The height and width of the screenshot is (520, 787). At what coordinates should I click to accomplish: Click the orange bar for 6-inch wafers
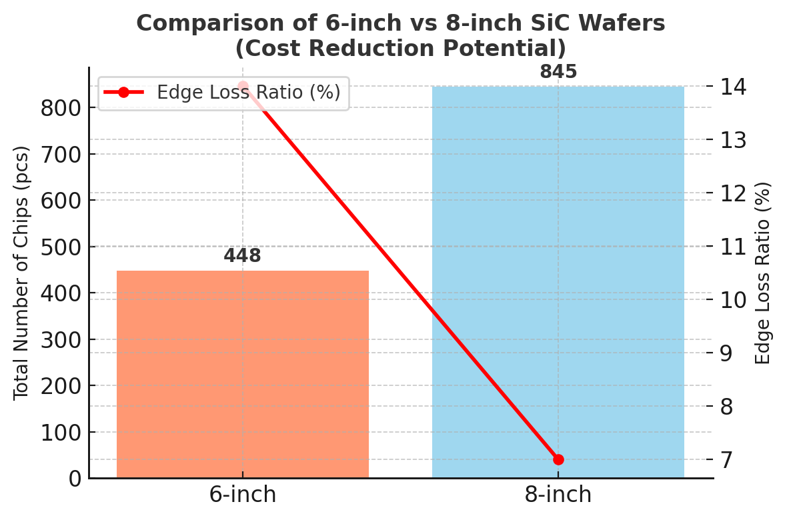(243, 373)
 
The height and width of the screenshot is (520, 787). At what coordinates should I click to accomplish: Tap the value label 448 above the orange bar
(242, 256)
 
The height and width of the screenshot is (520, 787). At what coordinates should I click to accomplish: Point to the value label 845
(558, 72)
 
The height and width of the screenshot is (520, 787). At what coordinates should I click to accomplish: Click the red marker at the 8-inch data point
(558, 459)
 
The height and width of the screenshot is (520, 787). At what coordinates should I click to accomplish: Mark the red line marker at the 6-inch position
(243, 87)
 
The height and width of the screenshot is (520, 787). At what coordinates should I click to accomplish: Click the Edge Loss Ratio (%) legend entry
(248, 93)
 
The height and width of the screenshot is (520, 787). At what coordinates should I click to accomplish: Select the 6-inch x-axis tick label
(243, 495)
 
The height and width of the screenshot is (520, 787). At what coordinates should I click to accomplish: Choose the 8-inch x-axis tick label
(558, 495)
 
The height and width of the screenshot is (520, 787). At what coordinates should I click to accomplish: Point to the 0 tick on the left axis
(74, 479)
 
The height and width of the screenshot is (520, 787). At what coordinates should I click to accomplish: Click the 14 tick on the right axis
(733, 87)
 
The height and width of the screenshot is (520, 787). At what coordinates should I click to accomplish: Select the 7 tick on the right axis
(726, 459)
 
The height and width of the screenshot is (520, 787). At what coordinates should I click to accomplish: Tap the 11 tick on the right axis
(733, 247)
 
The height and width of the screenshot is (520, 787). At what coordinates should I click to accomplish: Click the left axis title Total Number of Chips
(21, 273)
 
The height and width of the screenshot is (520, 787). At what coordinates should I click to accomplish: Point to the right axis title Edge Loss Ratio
(763, 273)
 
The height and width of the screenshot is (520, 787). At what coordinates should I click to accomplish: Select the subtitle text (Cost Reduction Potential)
(400, 49)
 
